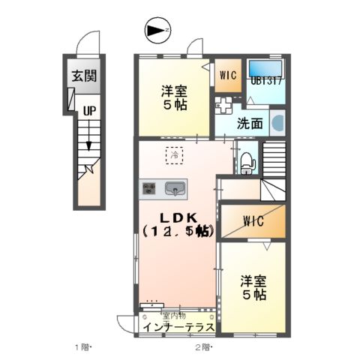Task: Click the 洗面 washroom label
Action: tap(250, 122)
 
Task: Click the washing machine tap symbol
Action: tap(224, 104)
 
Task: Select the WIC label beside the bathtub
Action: tap(228, 74)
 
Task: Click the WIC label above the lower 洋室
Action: tap(251, 221)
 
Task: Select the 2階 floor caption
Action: tap(203, 346)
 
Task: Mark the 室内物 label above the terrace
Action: tap(172, 316)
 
